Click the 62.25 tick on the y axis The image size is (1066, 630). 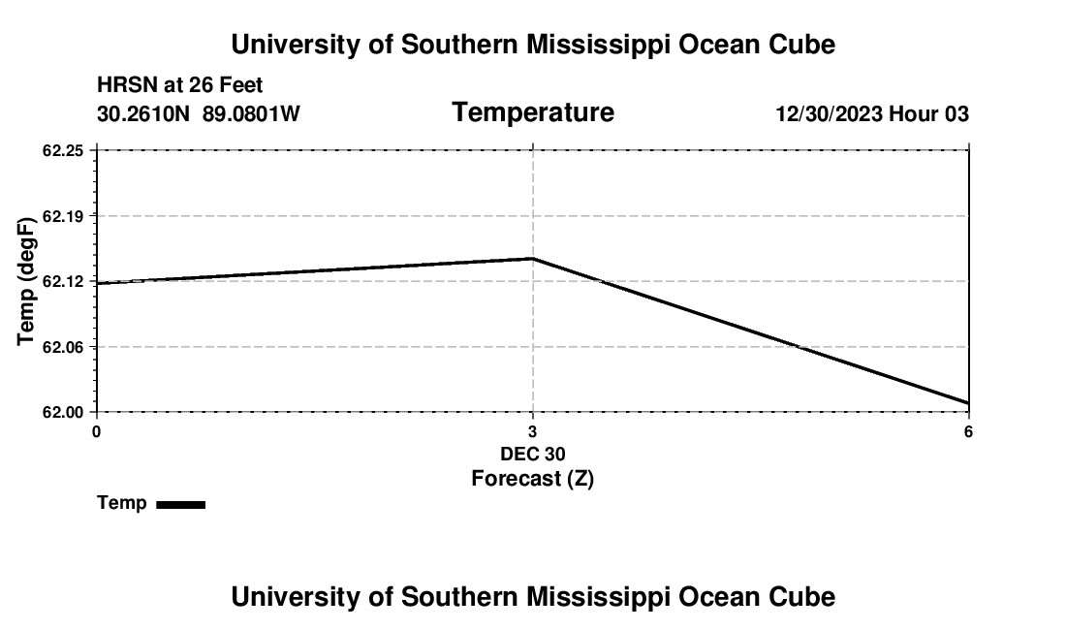(x=64, y=150)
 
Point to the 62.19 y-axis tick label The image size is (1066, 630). (x=64, y=215)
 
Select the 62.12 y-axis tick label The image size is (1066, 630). (x=64, y=281)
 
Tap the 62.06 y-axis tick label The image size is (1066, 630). (x=64, y=347)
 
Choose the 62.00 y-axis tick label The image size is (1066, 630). (x=64, y=412)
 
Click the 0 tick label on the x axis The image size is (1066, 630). (x=96, y=431)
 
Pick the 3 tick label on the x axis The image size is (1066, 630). (x=532, y=431)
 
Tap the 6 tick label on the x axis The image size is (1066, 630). (x=968, y=431)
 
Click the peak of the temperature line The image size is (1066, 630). (x=533, y=259)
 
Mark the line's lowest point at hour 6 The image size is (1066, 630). (x=968, y=403)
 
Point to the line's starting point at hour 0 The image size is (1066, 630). (x=97, y=284)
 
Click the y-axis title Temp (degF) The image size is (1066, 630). (x=27, y=281)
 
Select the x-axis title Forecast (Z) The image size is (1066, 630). (x=532, y=478)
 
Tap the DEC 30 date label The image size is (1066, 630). (x=532, y=454)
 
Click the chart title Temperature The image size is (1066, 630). (x=533, y=112)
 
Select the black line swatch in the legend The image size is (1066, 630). (x=180, y=504)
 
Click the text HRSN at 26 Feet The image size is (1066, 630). (x=180, y=86)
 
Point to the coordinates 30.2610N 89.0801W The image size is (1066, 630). (x=199, y=114)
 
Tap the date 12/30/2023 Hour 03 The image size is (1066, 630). (x=872, y=114)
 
